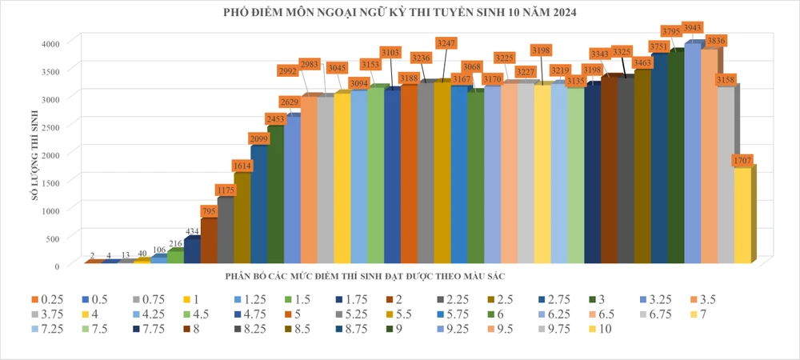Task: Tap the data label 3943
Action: (x=693, y=28)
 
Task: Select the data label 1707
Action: (x=742, y=161)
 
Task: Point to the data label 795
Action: (x=209, y=211)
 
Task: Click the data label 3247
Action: (x=446, y=42)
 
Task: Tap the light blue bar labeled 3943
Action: (x=693, y=152)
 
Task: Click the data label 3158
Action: (x=726, y=80)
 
